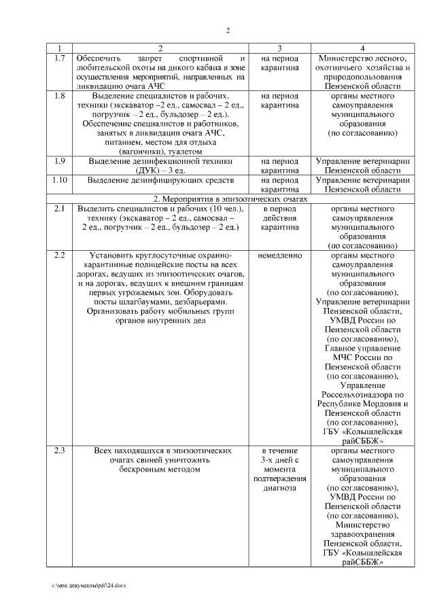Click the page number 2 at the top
point(228,30)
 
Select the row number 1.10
point(60,180)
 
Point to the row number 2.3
point(60,450)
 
